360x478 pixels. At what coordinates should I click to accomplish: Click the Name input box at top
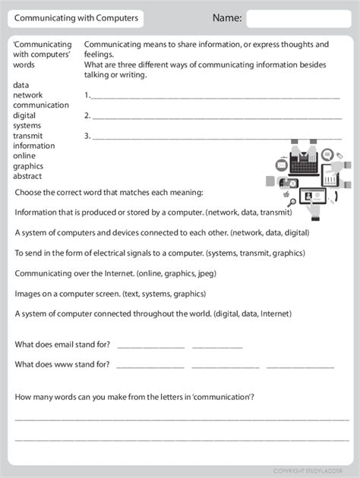coord(297,18)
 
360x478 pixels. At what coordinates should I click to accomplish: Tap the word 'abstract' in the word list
coord(27,176)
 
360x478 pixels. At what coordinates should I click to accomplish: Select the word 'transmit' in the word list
coord(28,136)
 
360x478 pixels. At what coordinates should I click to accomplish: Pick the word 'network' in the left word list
coord(27,95)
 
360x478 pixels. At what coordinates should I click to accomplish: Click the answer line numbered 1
coord(216,96)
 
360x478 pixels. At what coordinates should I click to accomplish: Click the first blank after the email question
coord(151,345)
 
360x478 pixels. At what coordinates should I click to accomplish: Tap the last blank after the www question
coord(300,366)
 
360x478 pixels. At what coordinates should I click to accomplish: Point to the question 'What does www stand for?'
coord(62,364)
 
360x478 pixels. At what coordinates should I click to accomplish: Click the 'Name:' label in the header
coord(227,18)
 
